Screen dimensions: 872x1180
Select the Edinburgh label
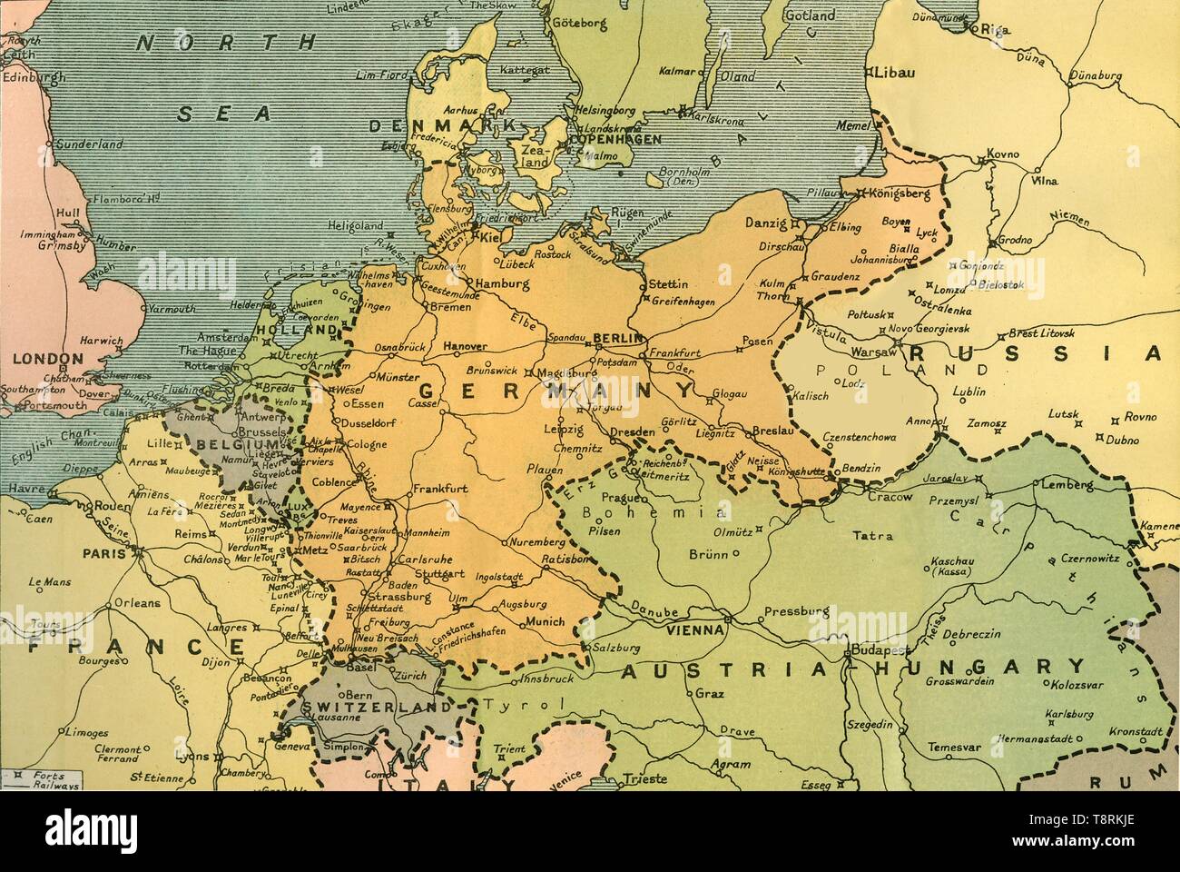tap(25, 77)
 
